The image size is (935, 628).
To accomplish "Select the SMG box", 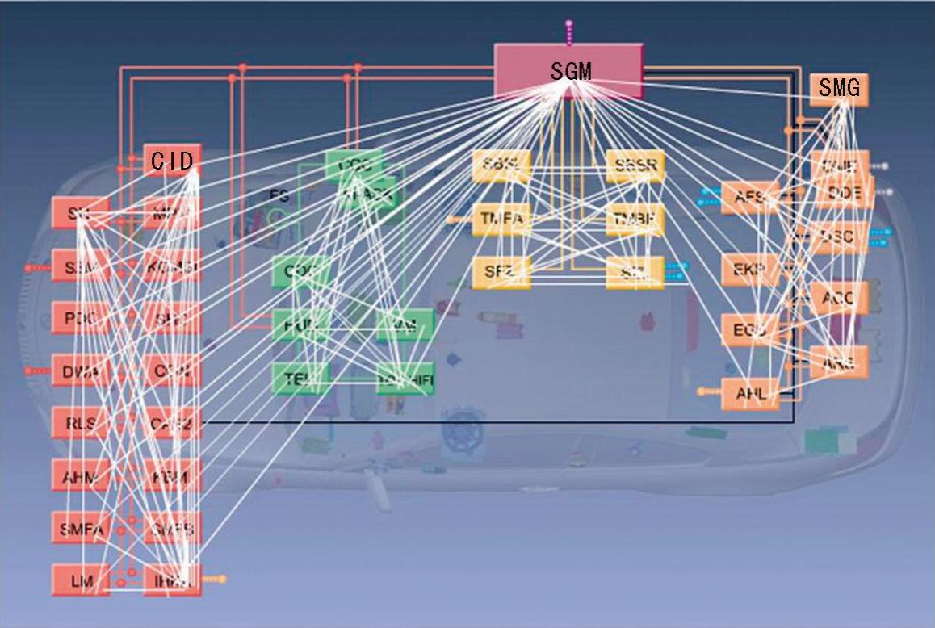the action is pyautogui.click(x=839, y=88).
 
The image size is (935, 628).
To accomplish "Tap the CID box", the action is pyautogui.click(x=172, y=161).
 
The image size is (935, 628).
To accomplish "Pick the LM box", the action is pyautogui.click(x=80, y=580).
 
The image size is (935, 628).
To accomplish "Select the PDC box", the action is pyautogui.click(x=80, y=318).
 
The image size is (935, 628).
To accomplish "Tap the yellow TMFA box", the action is pyautogui.click(x=501, y=218).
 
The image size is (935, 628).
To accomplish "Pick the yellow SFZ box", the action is pyautogui.click(x=501, y=271).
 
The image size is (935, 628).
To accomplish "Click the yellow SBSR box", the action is pyautogui.click(x=635, y=165).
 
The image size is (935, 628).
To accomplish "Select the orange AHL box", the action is pyautogui.click(x=750, y=394).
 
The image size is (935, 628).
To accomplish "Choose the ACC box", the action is pyautogui.click(x=839, y=298).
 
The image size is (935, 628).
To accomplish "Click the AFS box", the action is pyautogui.click(x=750, y=197).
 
